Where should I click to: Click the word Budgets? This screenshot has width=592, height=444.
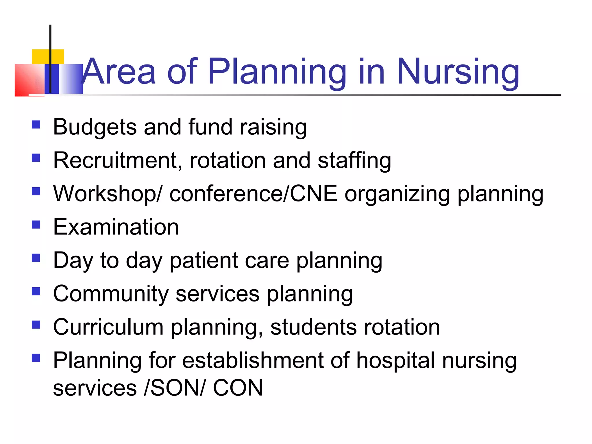pos(95,127)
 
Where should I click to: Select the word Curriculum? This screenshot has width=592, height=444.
pos(108,327)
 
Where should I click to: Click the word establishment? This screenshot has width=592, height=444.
pos(253,360)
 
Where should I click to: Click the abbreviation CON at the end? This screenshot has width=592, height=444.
pos(238,388)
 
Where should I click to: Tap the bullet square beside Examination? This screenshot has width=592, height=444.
pos(36,225)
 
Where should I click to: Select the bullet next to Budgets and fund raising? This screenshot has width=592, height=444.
pos(36,125)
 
